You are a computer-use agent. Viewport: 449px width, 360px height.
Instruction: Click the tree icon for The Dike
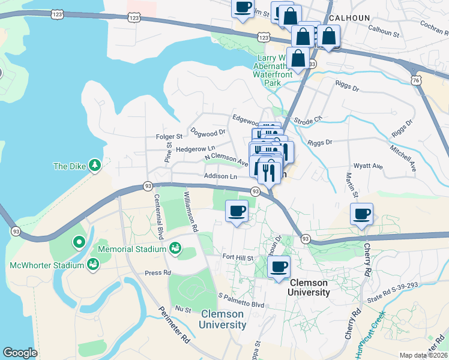(x=94, y=165)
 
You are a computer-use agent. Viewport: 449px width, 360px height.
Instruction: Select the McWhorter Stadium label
(x=47, y=265)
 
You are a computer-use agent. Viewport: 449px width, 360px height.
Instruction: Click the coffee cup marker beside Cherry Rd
(x=362, y=214)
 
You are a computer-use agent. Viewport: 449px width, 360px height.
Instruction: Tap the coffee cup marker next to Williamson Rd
(x=237, y=211)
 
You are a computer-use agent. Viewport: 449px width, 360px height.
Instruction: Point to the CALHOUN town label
(x=350, y=18)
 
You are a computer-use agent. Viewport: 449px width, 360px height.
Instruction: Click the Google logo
(x=20, y=353)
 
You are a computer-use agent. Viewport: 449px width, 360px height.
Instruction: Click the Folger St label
(x=169, y=137)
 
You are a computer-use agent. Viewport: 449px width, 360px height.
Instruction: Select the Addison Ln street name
(x=220, y=177)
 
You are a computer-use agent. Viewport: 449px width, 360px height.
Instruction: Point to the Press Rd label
(x=155, y=272)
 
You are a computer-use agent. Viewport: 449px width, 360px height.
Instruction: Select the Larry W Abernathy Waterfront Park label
(x=274, y=67)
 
